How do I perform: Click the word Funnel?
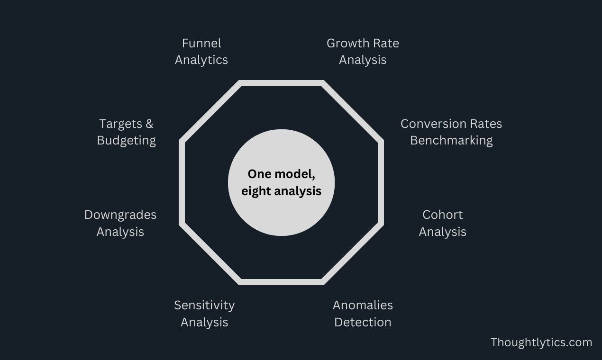[x=201, y=43]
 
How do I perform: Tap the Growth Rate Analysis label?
[x=363, y=51]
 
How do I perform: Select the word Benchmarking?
[x=451, y=141]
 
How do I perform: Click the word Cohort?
[x=442, y=215]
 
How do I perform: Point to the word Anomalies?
[x=363, y=305]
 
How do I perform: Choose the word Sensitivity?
[x=204, y=306]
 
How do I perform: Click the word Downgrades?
[x=120, y=215]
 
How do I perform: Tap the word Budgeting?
[x=126, y=141]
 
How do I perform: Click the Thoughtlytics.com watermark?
[x=541, y=342]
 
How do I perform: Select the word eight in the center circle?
[x=255, y=191]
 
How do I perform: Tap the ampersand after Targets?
[x=149, y=124]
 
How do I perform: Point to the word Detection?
[x=363, y=322]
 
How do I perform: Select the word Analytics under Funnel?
[x=201, y=60]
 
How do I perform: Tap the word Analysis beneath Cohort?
[x=442, y=232]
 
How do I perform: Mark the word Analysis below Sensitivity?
[x=204, y=323]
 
